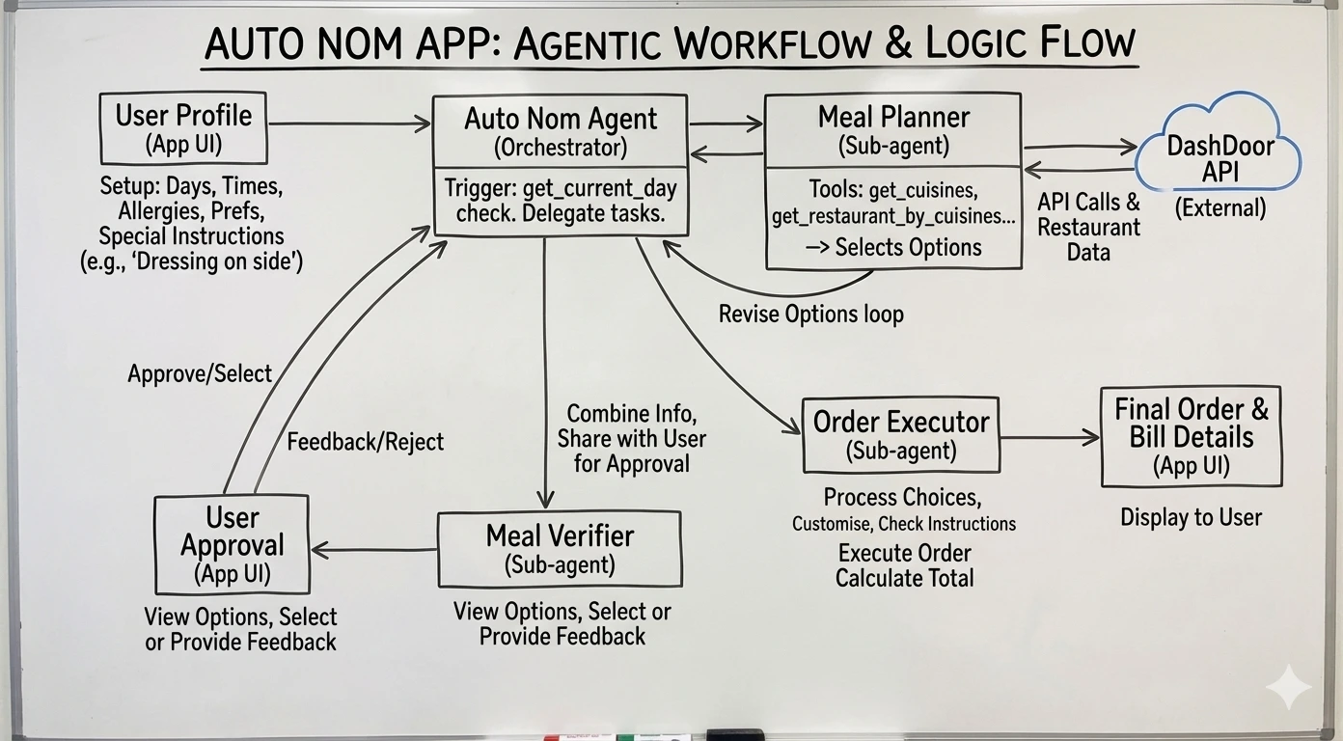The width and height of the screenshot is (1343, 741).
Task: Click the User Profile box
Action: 183,128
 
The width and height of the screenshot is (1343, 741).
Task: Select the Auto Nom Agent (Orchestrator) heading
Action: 560,131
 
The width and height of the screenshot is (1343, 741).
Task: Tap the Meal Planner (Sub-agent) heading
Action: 892,129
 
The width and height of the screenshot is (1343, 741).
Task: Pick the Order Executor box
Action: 900,434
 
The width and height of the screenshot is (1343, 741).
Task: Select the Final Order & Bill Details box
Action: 1191,436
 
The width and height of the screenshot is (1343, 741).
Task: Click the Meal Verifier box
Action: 560,548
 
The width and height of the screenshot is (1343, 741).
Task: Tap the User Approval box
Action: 232,544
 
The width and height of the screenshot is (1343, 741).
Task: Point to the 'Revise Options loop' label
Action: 810,315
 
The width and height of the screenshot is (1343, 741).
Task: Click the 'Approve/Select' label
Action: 200,373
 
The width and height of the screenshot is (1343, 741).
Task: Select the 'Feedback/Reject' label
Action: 365,442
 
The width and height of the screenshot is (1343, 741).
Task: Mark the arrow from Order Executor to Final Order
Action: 1050,437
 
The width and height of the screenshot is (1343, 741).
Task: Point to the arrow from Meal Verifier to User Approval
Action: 373,550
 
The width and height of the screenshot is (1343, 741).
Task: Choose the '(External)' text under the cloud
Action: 1220,207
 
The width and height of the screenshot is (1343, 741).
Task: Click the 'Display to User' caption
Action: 1191,518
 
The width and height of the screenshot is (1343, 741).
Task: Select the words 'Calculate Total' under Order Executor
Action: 904,578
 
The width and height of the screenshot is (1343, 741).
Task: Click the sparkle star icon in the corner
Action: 1288,687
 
